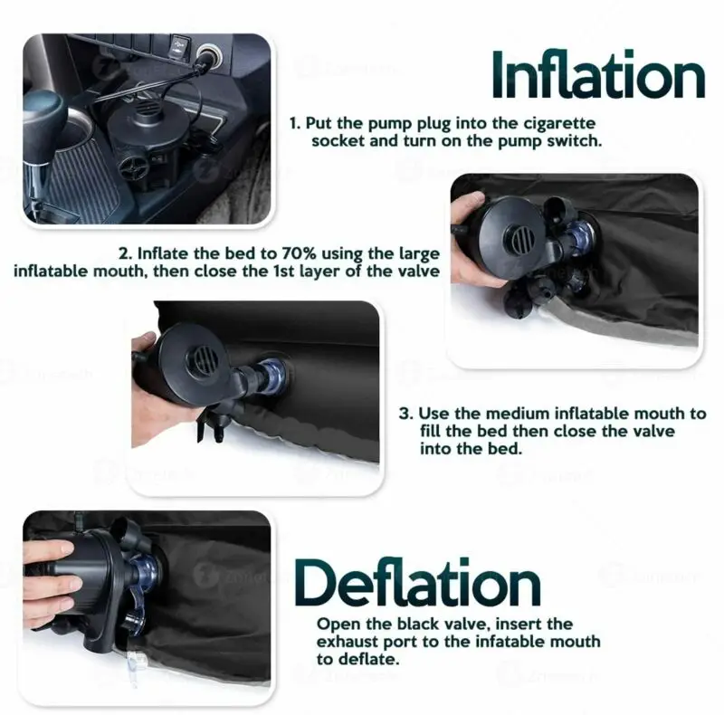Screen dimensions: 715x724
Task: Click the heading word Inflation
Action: click(x=598, y=76)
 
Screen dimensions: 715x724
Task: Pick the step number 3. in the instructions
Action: click(x=406, y=414)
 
